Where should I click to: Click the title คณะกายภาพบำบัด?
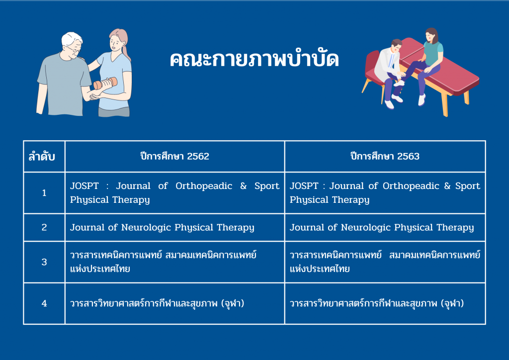254,59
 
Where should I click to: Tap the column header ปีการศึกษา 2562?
174,156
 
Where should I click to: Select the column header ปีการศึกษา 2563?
385,156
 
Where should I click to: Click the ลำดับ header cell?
42,157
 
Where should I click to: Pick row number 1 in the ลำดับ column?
44,193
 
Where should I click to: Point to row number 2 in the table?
44,227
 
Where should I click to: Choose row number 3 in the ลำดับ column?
44,262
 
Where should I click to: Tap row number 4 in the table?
44,303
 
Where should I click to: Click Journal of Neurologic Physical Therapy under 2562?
162,228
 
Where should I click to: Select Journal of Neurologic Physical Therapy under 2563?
382,228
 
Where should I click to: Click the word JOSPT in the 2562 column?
85,185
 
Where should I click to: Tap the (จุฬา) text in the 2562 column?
233,303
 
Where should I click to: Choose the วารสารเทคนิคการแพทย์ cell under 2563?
385,262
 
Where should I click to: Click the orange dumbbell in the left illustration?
105,84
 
